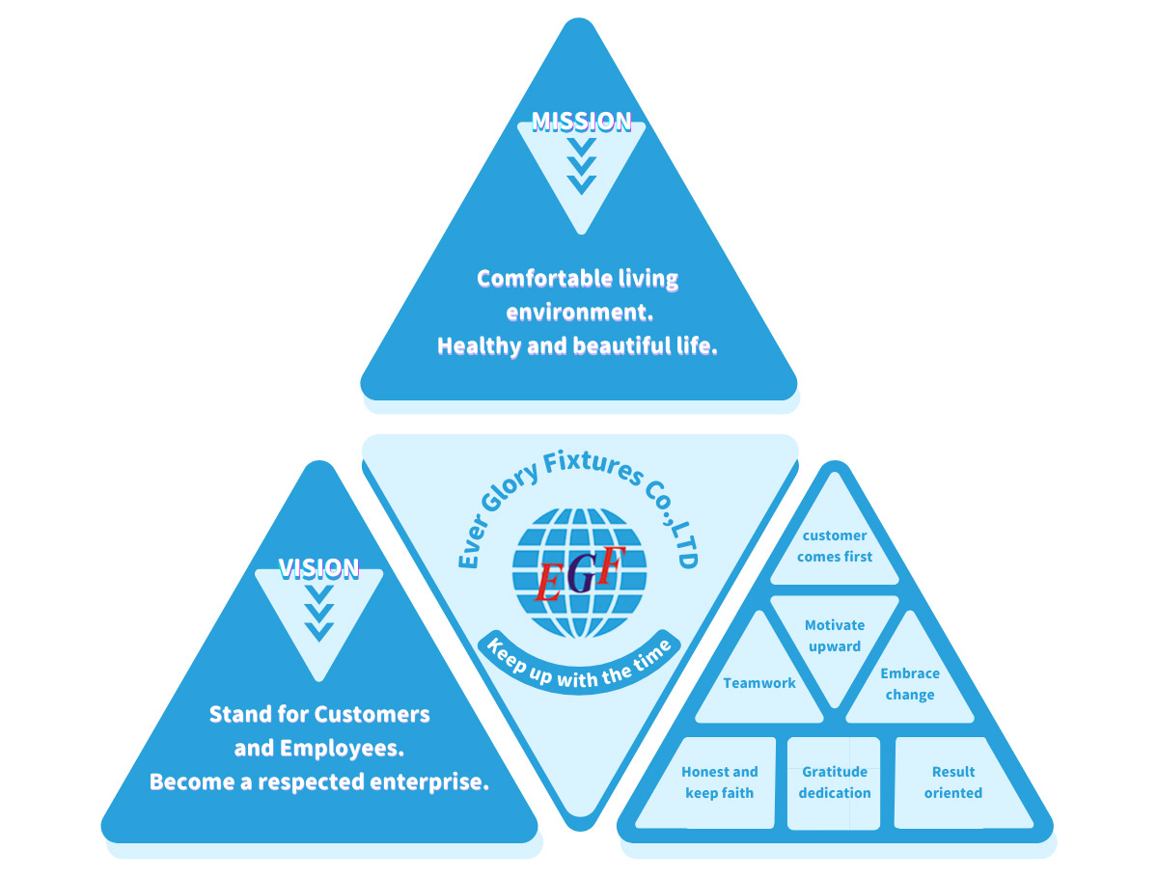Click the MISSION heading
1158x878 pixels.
pos(581,122)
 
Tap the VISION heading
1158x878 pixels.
pos(318,568)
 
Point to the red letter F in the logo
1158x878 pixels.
pos(607,566)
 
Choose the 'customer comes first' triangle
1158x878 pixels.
pos(835,546)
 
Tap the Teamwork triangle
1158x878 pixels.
pos(759,683)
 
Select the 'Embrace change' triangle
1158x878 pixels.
pos(909,684)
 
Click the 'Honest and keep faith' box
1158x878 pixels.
pos(720,782)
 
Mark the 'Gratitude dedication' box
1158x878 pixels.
pos(835,782)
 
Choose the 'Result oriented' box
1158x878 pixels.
pos(953,782)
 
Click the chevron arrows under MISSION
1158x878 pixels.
pos(581,164)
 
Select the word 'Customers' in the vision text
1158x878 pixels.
pos(372,715)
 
